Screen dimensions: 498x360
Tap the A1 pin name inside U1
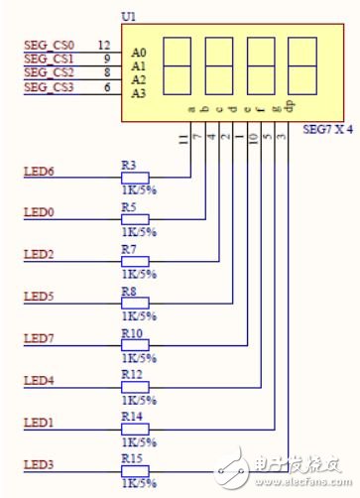point(139,64)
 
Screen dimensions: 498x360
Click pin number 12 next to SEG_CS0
point(104,45)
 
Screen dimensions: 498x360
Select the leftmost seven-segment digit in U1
point(175,64)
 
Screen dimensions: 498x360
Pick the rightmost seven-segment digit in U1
point(302,64)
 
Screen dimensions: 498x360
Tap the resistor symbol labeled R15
point(135,470)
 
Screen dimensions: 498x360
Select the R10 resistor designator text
point(132,333)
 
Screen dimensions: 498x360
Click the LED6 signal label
point(38,172)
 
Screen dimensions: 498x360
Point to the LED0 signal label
point(38,213)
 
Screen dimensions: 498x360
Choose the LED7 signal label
point(38,338)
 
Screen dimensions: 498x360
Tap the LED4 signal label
point(38,380)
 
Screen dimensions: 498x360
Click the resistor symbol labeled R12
point(135,387)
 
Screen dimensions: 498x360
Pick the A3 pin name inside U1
point(139,93)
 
